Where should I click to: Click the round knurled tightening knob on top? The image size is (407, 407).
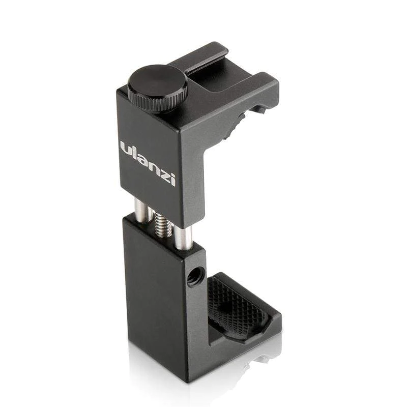coord(157,88)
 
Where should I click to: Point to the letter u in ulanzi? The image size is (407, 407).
coord(126,148)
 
